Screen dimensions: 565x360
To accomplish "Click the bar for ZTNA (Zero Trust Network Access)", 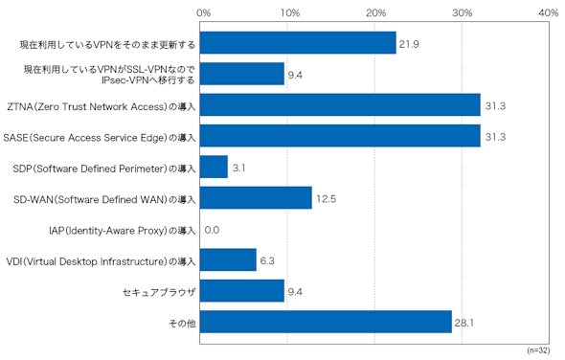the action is (340, 105).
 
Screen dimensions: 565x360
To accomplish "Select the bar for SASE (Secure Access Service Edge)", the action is (340, 136).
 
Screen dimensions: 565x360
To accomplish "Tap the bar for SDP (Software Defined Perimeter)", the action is (215, 167).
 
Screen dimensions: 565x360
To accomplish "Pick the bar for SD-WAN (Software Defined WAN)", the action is (257, 198).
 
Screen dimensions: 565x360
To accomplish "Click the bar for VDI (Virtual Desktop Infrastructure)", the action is (229, 259).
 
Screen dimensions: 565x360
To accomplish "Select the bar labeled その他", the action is (327, 322).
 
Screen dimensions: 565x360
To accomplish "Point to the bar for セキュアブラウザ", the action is (242, 291).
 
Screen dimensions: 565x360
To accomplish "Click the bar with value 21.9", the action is (299, 43).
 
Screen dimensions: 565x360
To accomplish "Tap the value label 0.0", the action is (212, 230).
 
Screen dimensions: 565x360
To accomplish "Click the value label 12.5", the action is (327, 199).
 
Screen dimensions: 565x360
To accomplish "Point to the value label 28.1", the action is (464, 323).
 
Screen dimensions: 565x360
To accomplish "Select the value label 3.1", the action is (238, 168).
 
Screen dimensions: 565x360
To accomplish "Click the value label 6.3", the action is (267, 260).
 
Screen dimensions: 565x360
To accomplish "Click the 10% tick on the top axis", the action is (290, 13).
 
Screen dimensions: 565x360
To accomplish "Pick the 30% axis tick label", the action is (463, 13).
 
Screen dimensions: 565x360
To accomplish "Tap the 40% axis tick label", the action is (549, 13).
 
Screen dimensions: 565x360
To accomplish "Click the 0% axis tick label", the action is (204, 13).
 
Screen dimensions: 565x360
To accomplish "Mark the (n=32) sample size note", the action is (539, 350).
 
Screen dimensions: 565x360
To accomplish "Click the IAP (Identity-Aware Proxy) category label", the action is (123, 231).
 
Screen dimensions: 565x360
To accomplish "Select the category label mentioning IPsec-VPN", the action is (109, 75).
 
